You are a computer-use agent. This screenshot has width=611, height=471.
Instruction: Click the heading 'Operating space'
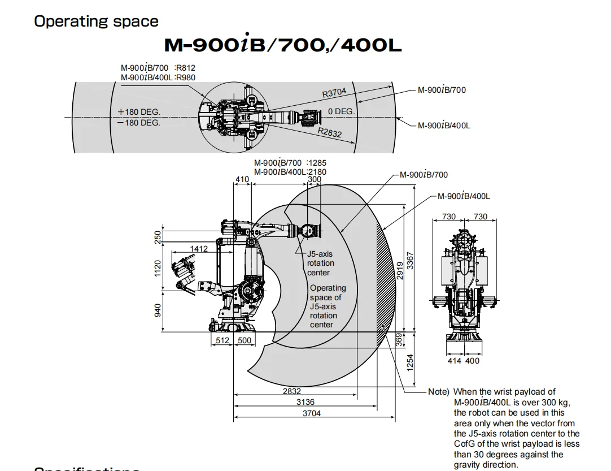coord(96,21)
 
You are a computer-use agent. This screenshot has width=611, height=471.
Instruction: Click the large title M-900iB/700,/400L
coord(282,45)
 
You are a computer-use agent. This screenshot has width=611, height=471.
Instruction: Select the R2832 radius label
coord(329,133)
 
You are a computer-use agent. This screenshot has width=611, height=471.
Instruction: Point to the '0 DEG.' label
coord(341,111)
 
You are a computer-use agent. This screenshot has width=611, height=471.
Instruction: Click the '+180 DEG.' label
coord(139,111)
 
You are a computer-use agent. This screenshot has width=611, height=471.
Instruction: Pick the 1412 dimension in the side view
coord(198,248)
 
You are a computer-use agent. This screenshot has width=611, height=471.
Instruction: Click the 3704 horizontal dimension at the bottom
coord(311,413)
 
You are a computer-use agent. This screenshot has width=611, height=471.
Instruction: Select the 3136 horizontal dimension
coord(305,402)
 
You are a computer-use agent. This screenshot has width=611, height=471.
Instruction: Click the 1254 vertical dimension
coord(411,360)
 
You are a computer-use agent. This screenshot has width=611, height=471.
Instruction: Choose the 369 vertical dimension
coord(399,339)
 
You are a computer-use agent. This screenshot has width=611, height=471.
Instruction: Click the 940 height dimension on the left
coord(158,310)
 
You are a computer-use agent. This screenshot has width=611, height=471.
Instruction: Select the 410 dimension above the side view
coord(242,180)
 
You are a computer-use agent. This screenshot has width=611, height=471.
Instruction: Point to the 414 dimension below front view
coord(454,361)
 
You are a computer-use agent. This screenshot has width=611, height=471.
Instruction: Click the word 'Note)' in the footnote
coord(439,391)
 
